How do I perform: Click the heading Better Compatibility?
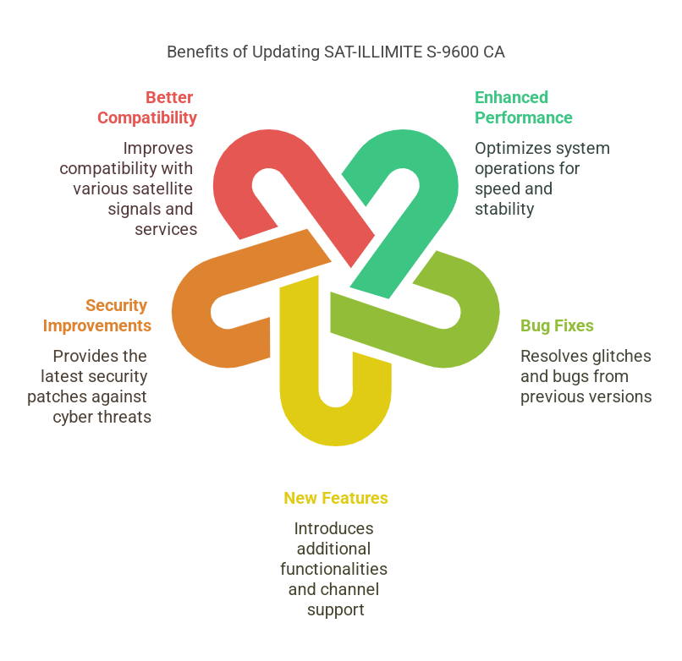(147, 107)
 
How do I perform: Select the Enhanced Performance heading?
(523, 107)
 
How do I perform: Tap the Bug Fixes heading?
(557, 325)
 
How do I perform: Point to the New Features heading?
(336, 498)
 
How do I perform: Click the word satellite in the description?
(162, 188)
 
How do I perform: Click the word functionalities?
(334, 569)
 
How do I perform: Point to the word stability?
(504, 209)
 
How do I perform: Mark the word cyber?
(74, 417)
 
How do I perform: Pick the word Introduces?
(334, 528)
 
